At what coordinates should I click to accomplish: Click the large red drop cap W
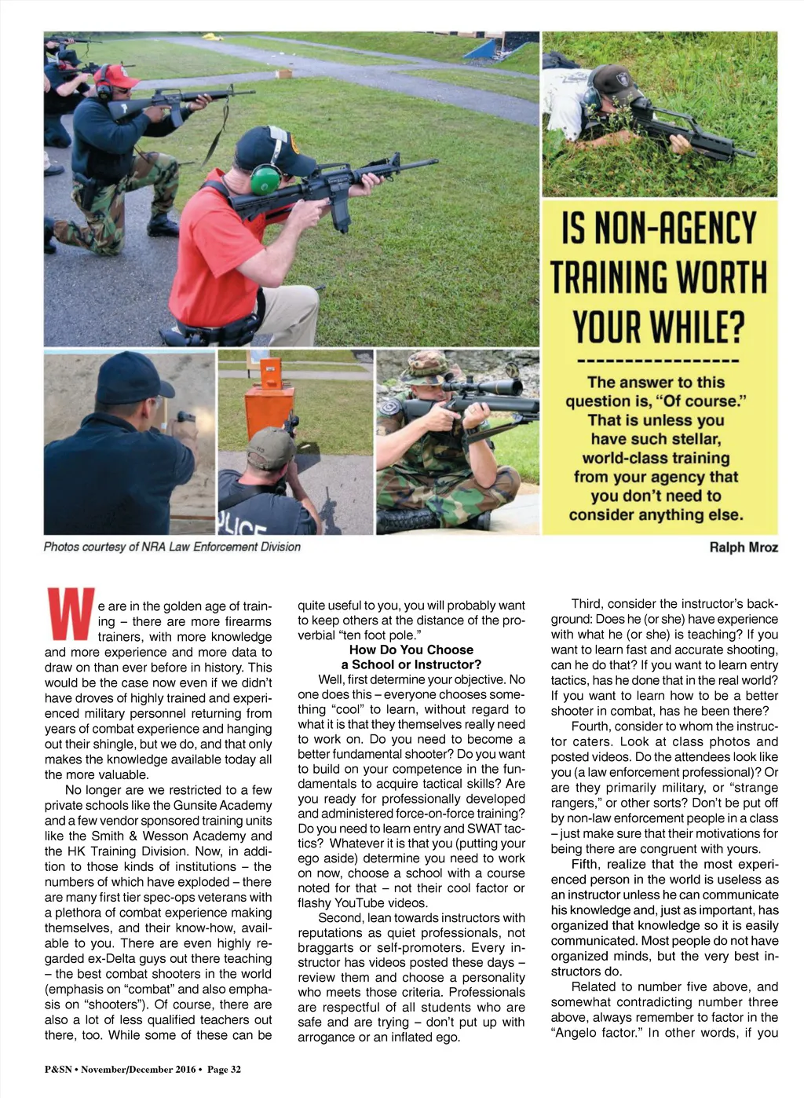(x=71, y=613)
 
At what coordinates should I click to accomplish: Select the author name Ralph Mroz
(x=743, y=547)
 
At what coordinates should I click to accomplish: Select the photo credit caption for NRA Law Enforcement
(x=172, y=547)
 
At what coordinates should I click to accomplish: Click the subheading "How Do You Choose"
(x=411, y=650)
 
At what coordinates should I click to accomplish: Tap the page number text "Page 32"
(x=224, y=1069)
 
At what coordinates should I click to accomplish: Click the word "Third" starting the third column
(x=587, y=603)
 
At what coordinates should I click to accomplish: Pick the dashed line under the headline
(x=658, y=361)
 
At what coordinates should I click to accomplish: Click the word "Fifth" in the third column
(x=586, y=864)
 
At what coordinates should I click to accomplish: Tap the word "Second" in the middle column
(x=342, y=917)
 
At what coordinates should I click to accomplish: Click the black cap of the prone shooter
(x=615, y=82)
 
